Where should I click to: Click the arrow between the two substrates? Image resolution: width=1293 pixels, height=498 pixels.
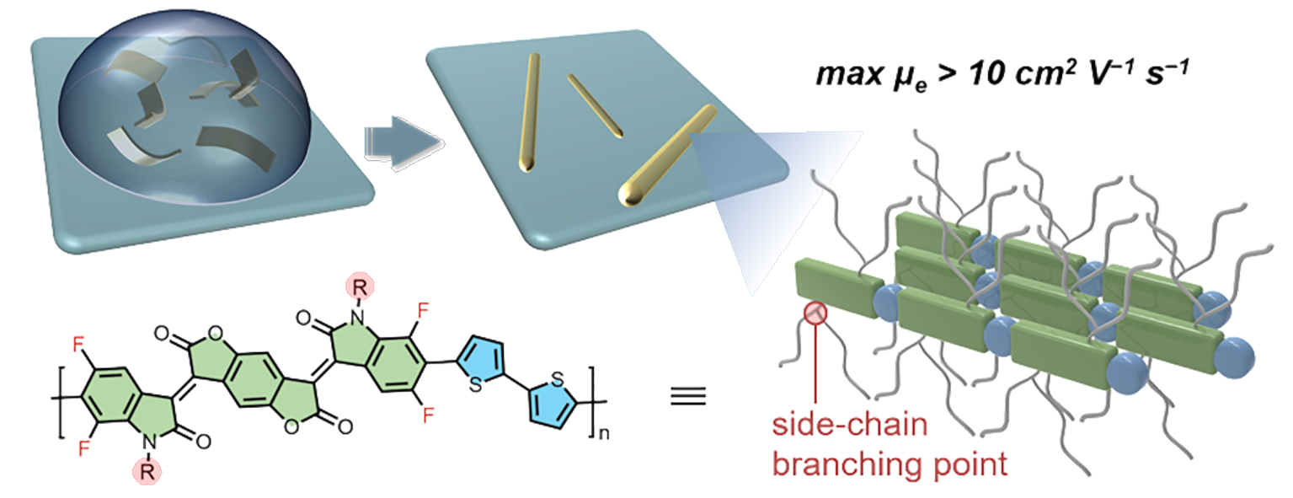pos(394,140)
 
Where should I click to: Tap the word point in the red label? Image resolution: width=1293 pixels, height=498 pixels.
pos(971,463)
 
